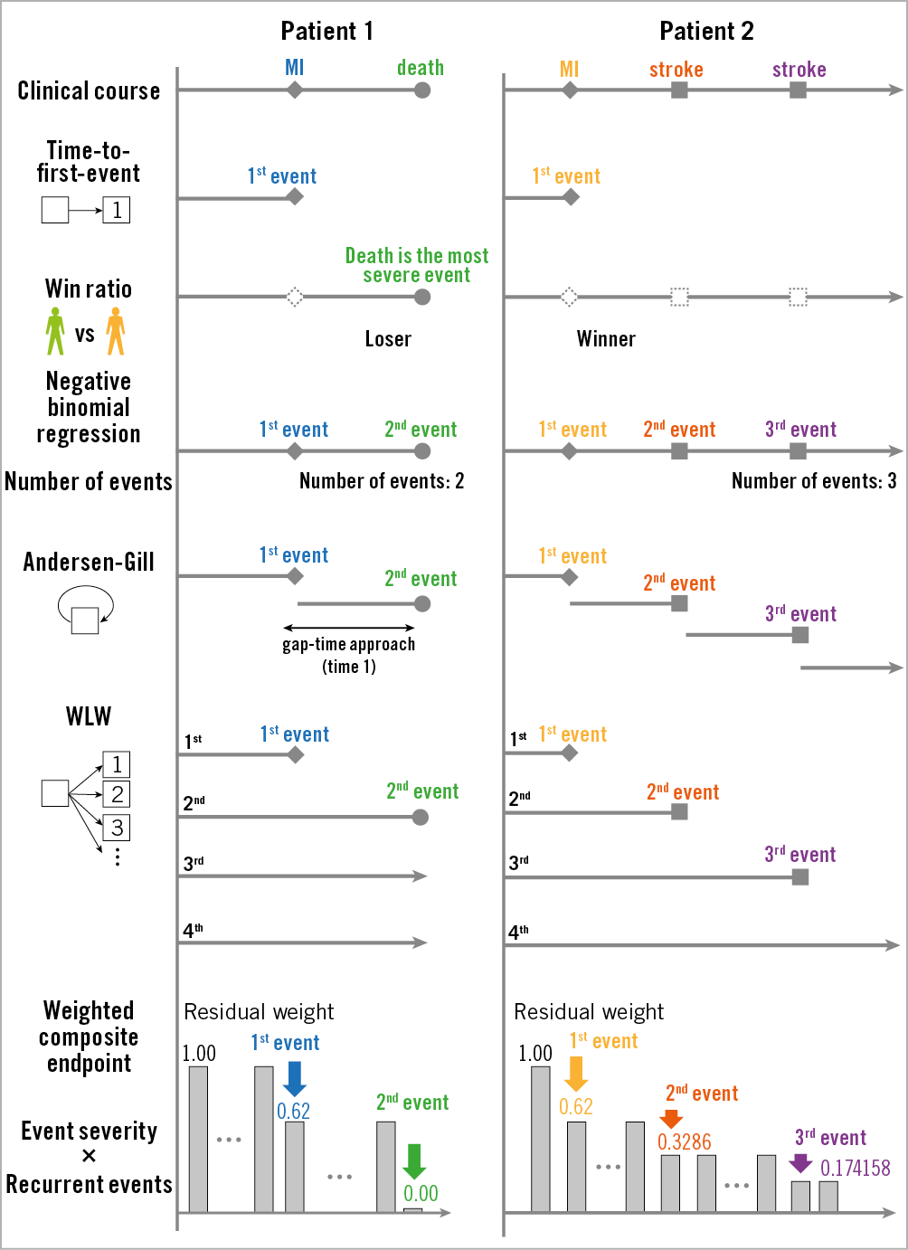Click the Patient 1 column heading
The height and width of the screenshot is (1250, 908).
tap(326, 32)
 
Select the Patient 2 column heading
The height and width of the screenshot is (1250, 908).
tap(706, 32)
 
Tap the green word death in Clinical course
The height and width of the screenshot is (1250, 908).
tap(421, 68)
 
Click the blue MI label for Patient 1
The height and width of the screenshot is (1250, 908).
tap(295, 68)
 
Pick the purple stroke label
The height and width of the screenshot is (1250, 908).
tap(799, 70)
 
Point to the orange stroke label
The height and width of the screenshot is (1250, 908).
tap(676, 70)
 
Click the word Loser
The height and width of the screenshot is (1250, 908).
tap(388, 339)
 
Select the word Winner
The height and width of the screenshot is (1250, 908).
tap(606, 339)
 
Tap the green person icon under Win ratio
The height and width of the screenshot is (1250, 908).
tap(55, 331)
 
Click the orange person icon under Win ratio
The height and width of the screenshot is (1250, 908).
tap(116, 331)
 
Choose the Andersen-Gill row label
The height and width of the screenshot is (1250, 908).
tap(89, 563)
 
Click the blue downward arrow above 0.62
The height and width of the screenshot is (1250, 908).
tap(294, 1078)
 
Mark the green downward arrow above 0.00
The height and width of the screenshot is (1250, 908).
tap(414, 1161)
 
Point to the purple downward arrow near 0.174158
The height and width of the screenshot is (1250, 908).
tap(800, 1162)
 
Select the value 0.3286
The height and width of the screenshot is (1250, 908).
tap(685, 1142)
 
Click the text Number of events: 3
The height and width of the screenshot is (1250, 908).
tap(814, 481)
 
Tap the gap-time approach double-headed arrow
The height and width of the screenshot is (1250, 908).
tap(349, 628)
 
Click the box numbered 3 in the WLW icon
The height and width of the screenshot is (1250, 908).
tap(117, 828)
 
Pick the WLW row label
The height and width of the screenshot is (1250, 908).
tap(89, 716)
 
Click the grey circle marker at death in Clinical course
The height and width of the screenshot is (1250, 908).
tap(422, 90)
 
